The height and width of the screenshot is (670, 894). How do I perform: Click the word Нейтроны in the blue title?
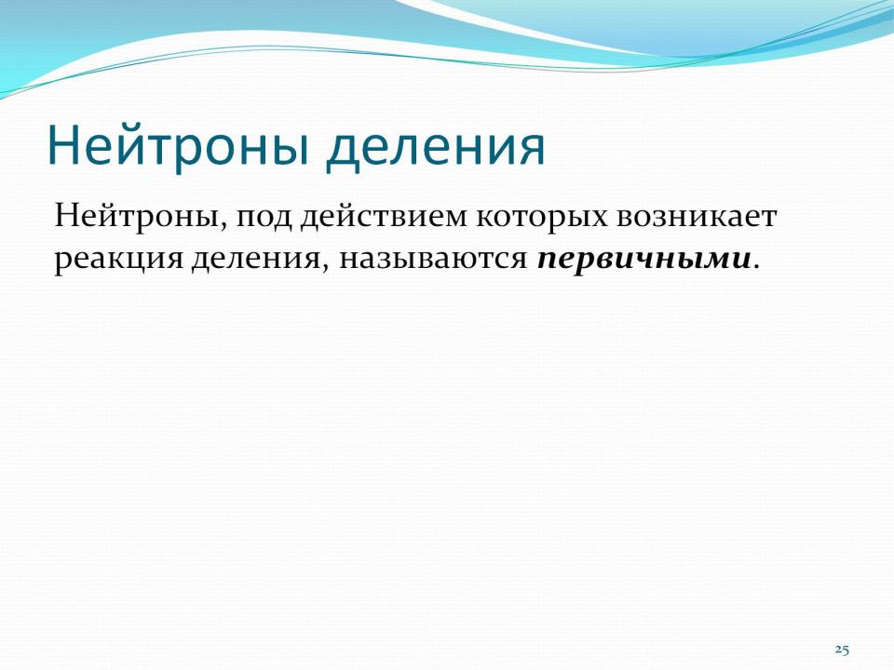179,146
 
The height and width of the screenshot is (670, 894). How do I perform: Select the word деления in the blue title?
436,147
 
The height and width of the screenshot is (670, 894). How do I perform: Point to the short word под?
264,220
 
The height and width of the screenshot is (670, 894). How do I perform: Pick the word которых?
542,220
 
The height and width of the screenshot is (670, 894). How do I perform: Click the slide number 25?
842,649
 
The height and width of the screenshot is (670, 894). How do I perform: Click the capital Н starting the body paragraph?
68,217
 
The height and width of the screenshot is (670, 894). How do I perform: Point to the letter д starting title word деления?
341,153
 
